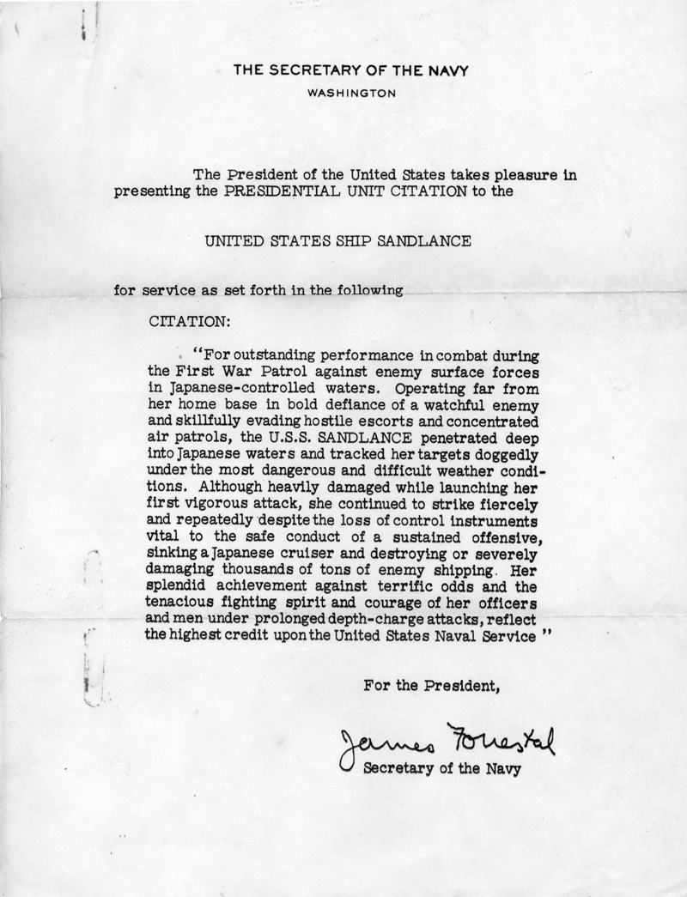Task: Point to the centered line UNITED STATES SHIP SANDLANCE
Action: (x=337, y=241)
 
